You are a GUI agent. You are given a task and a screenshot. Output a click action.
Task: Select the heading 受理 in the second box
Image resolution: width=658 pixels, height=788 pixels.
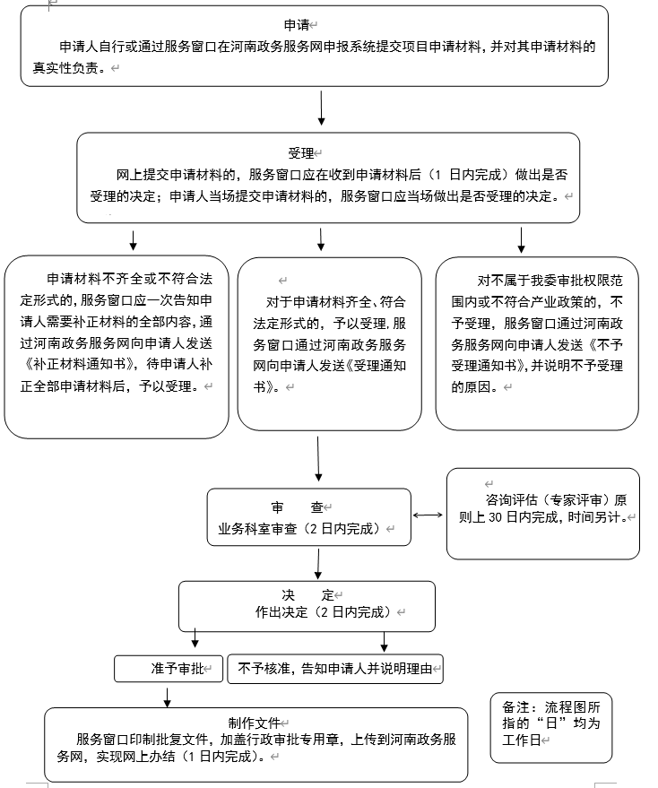coord(301,153)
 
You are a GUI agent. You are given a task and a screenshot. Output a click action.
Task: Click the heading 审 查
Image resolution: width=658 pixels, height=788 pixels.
coord(296,507)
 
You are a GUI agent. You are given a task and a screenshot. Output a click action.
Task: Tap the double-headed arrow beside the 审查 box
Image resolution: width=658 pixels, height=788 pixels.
coord(429,515)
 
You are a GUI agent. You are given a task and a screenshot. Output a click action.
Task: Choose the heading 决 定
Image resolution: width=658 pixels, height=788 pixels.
coord(307,595)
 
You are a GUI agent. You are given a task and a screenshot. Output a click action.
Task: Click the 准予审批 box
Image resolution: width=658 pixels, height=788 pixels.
coord(169,669)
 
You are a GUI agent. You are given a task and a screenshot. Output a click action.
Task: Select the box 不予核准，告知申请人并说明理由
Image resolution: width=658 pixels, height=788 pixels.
coord(335,668)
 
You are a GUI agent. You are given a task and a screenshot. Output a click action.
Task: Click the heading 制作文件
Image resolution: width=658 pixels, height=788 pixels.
coord(254,723)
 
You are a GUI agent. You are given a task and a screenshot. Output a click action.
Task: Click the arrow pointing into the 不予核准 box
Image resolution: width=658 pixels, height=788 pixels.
coord(385,642)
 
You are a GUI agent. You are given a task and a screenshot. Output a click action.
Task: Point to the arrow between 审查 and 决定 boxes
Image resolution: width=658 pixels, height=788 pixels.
coord(317,563)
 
